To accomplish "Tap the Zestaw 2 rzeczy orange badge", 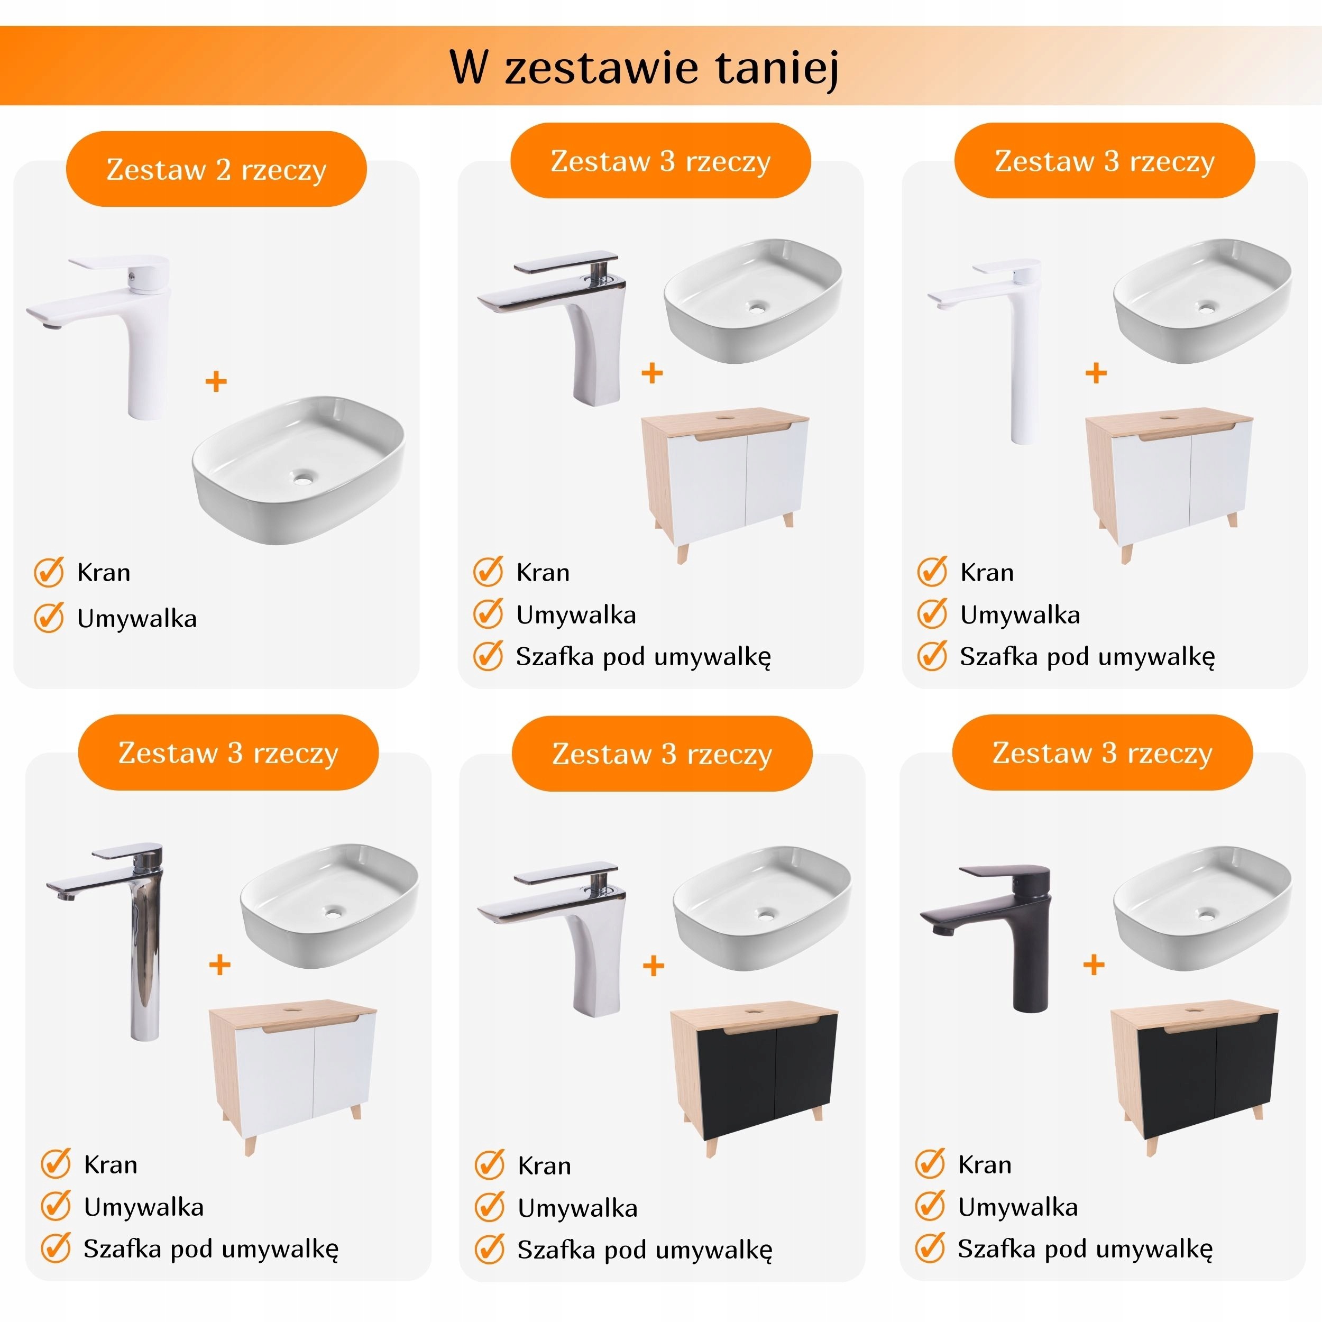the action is click(216, 169).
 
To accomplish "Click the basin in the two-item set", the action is click(298, 470).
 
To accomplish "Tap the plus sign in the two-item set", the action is click(216, 381).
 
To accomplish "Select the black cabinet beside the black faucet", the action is click(1194, 1081).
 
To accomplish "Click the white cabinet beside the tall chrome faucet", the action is click(293, 1081).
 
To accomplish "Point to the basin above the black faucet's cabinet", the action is click(1203, 908).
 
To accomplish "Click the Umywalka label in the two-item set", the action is click(137, 619).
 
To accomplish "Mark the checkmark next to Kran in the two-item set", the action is click(49, 572).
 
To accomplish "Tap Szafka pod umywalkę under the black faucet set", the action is click(1085, 1250).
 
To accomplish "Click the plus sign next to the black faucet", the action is click(1094, 966).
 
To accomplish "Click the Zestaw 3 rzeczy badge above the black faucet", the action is click(1103, 752).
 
